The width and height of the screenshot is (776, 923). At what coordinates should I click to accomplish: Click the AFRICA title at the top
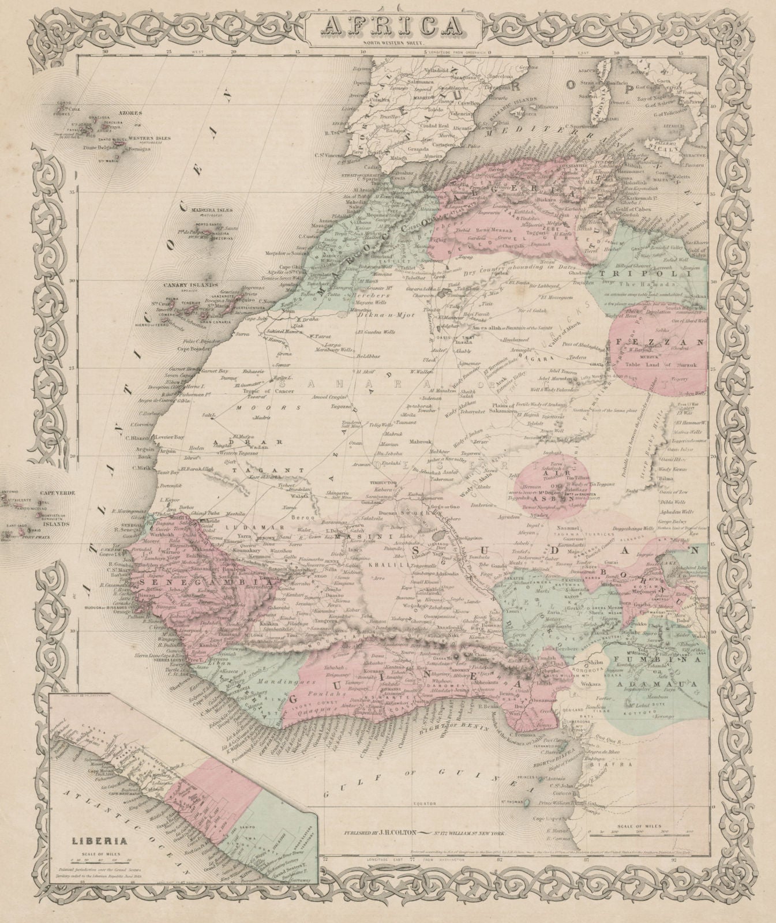tap(387, 27)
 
